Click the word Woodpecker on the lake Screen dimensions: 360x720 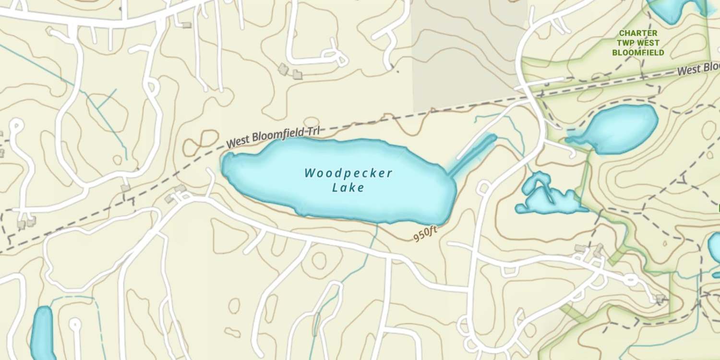coord(348,173)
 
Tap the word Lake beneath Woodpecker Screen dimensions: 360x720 coord(348,188)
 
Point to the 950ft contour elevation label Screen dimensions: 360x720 coord(425,234)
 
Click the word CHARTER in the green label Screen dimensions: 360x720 coord(638,33)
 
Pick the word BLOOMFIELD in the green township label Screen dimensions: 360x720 coord(638,52)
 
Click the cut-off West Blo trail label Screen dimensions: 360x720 coord(698,69)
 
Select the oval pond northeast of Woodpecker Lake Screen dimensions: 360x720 coord(619,129)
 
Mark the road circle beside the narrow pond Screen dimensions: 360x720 coord(75,324)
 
